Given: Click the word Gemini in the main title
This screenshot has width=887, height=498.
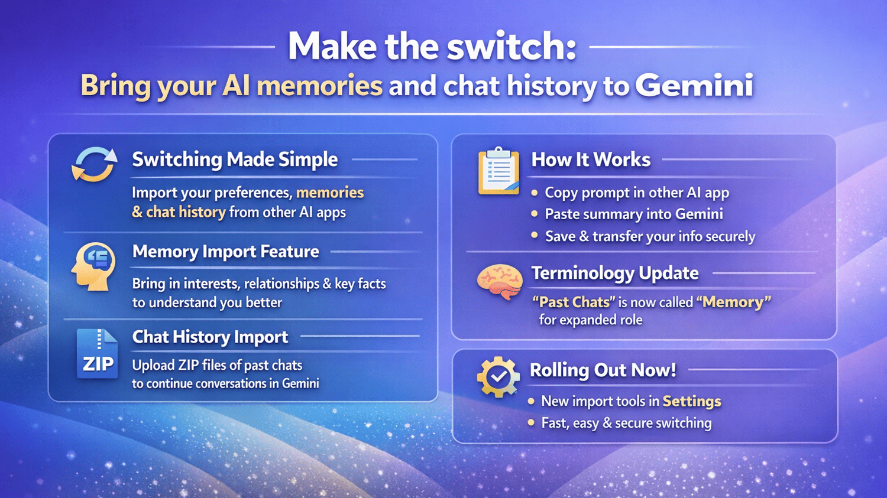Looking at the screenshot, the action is tap(694, 86).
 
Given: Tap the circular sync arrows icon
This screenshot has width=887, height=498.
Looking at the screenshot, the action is tap(94, 164).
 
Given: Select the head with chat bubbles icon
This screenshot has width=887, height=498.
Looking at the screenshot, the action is tap(93, 266).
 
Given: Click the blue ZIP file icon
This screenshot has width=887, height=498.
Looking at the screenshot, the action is tap(97, 353).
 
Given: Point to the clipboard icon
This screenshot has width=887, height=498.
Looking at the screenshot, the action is tap(498, 171).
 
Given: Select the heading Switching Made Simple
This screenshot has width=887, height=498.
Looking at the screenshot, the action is tap(235, 160).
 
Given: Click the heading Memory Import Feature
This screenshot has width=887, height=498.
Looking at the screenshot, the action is tap(226, 252).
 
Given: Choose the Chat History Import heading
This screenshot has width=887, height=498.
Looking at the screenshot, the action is tap(211, 337).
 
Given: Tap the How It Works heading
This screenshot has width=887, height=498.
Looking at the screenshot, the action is tap(591, 160).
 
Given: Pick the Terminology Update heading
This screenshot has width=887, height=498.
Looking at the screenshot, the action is tap(615, 273).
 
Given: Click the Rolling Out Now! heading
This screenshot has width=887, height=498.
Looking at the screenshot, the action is tap(603, 370).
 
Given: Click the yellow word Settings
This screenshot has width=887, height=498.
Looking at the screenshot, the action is tap(692, 402).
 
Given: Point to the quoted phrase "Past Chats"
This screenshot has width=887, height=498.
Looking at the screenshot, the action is tap(574, 302).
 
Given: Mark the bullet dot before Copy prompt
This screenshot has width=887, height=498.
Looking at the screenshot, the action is tap(535, 193).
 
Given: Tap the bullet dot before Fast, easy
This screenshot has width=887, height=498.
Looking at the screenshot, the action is tap(532, 422).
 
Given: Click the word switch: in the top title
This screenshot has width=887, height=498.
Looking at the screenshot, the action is tap(511, 46).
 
